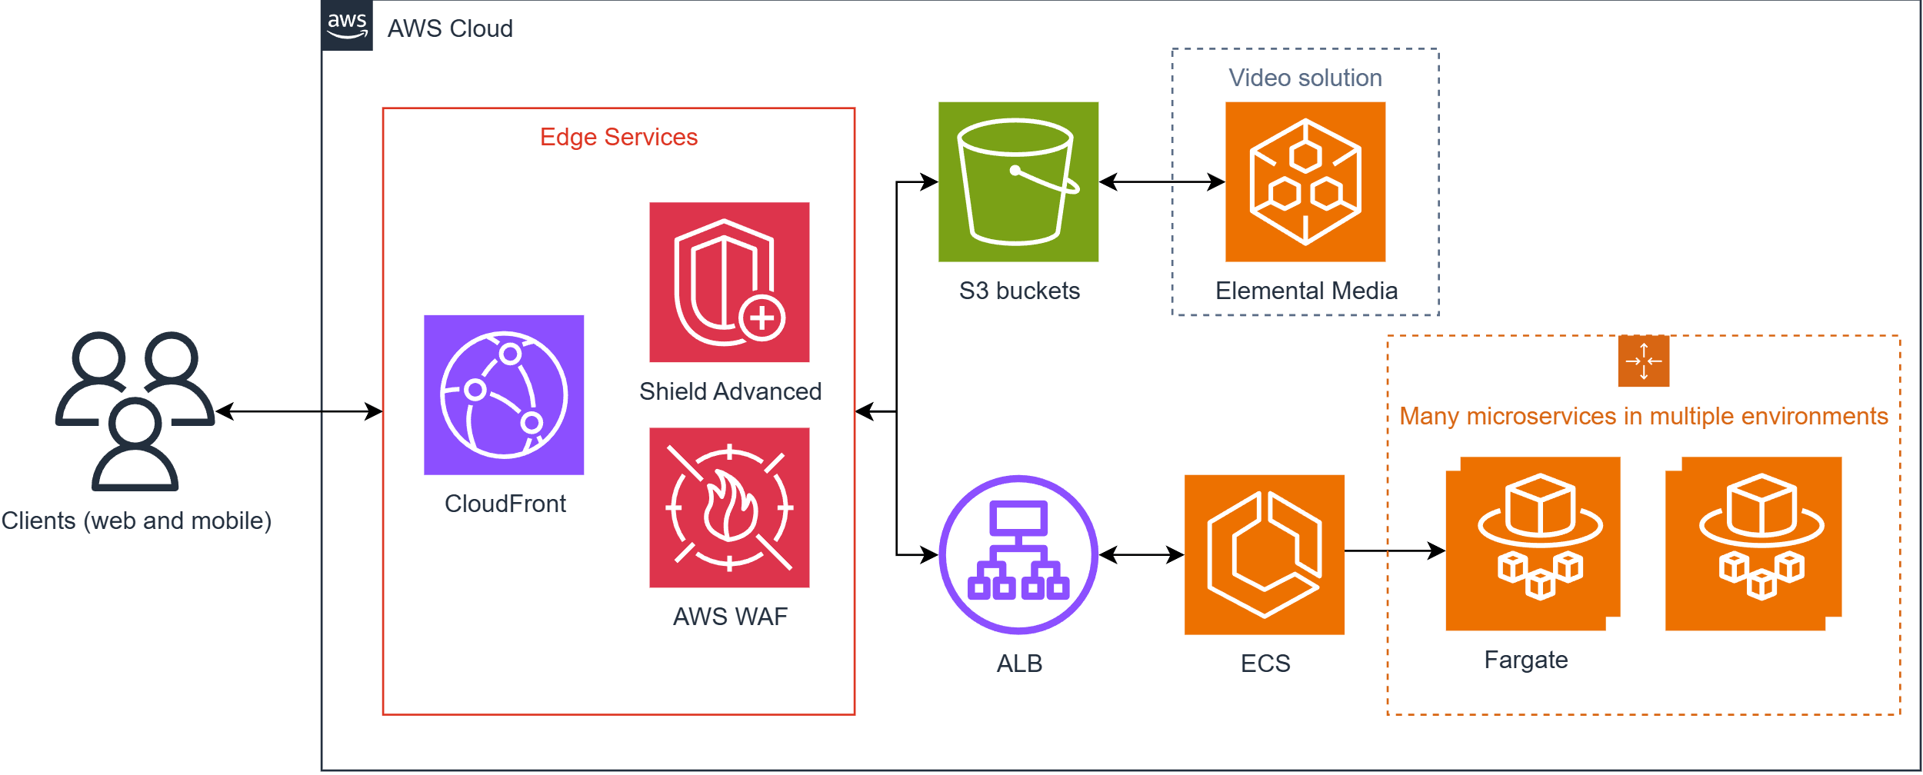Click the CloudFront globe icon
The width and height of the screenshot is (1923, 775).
click(x=504, y=394)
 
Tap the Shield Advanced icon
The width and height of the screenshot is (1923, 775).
click(x=729, y=282)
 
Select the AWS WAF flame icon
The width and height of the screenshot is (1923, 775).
click(x=729, y=507)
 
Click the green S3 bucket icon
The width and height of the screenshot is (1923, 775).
click(x=1018, y=181)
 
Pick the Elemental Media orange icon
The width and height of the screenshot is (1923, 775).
click(x=1305, y=181)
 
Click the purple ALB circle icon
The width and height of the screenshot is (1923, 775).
click(x=1018, y=554)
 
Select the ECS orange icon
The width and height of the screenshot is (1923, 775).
click(x=1265, y=554)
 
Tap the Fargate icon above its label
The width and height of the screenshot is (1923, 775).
click(x=1533, y=544)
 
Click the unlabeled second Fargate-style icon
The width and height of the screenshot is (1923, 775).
click(x=1754, y=544)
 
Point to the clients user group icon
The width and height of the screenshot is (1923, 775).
click(x=135, y=411)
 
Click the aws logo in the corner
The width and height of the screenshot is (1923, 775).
click(x=347, y=25)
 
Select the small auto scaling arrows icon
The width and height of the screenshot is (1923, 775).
click(x=1644, y=361)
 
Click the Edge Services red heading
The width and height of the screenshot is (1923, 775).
click(x=619, y=137)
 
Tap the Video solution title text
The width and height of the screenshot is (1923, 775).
click(x=1305, y=78)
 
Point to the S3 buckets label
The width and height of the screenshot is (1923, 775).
click(x=1019, y=291)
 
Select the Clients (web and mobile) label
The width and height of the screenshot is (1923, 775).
click(x=136, y=521)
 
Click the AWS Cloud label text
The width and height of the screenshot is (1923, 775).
click(x=450, y=28)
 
